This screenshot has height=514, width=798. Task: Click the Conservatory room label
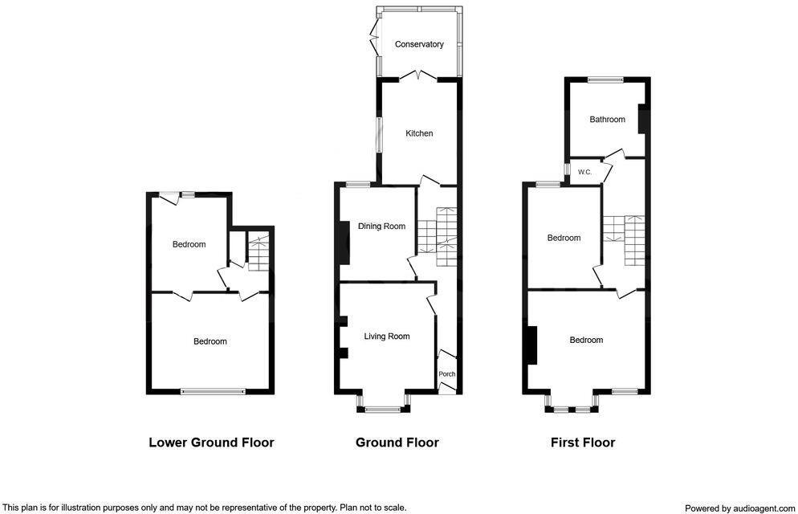[x=419, y=45]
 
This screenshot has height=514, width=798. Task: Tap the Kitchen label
[x=419, y=133]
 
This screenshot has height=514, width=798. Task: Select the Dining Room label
[x=382, y=226]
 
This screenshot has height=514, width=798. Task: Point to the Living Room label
[x=387, y=337]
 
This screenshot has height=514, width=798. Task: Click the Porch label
[x=447, y=374]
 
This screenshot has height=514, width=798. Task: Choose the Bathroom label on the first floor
[x=607, y=120]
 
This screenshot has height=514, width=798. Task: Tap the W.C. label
[x=584, y=172]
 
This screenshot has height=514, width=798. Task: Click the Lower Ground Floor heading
[x=211, y=443]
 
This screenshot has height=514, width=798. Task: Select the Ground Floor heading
[x=397, y=443]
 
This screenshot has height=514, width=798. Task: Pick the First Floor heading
[x=583, y=443]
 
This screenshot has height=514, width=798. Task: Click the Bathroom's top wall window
[x=605, y=79]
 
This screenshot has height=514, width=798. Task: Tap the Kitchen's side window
[x=380, y=134]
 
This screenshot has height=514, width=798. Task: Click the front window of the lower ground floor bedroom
[x=212, y=391]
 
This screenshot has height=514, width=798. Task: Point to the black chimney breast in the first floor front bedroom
[x=530, y=345]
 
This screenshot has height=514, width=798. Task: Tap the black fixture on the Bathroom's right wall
[x=643, y=119]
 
